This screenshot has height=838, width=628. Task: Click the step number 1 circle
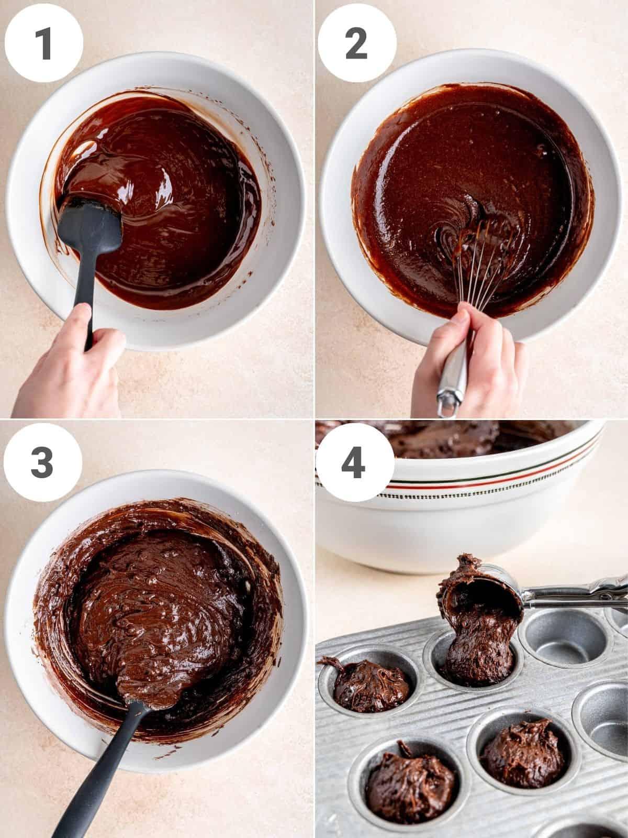43,43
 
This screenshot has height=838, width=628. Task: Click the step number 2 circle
357,43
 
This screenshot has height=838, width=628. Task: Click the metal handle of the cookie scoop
576,594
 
